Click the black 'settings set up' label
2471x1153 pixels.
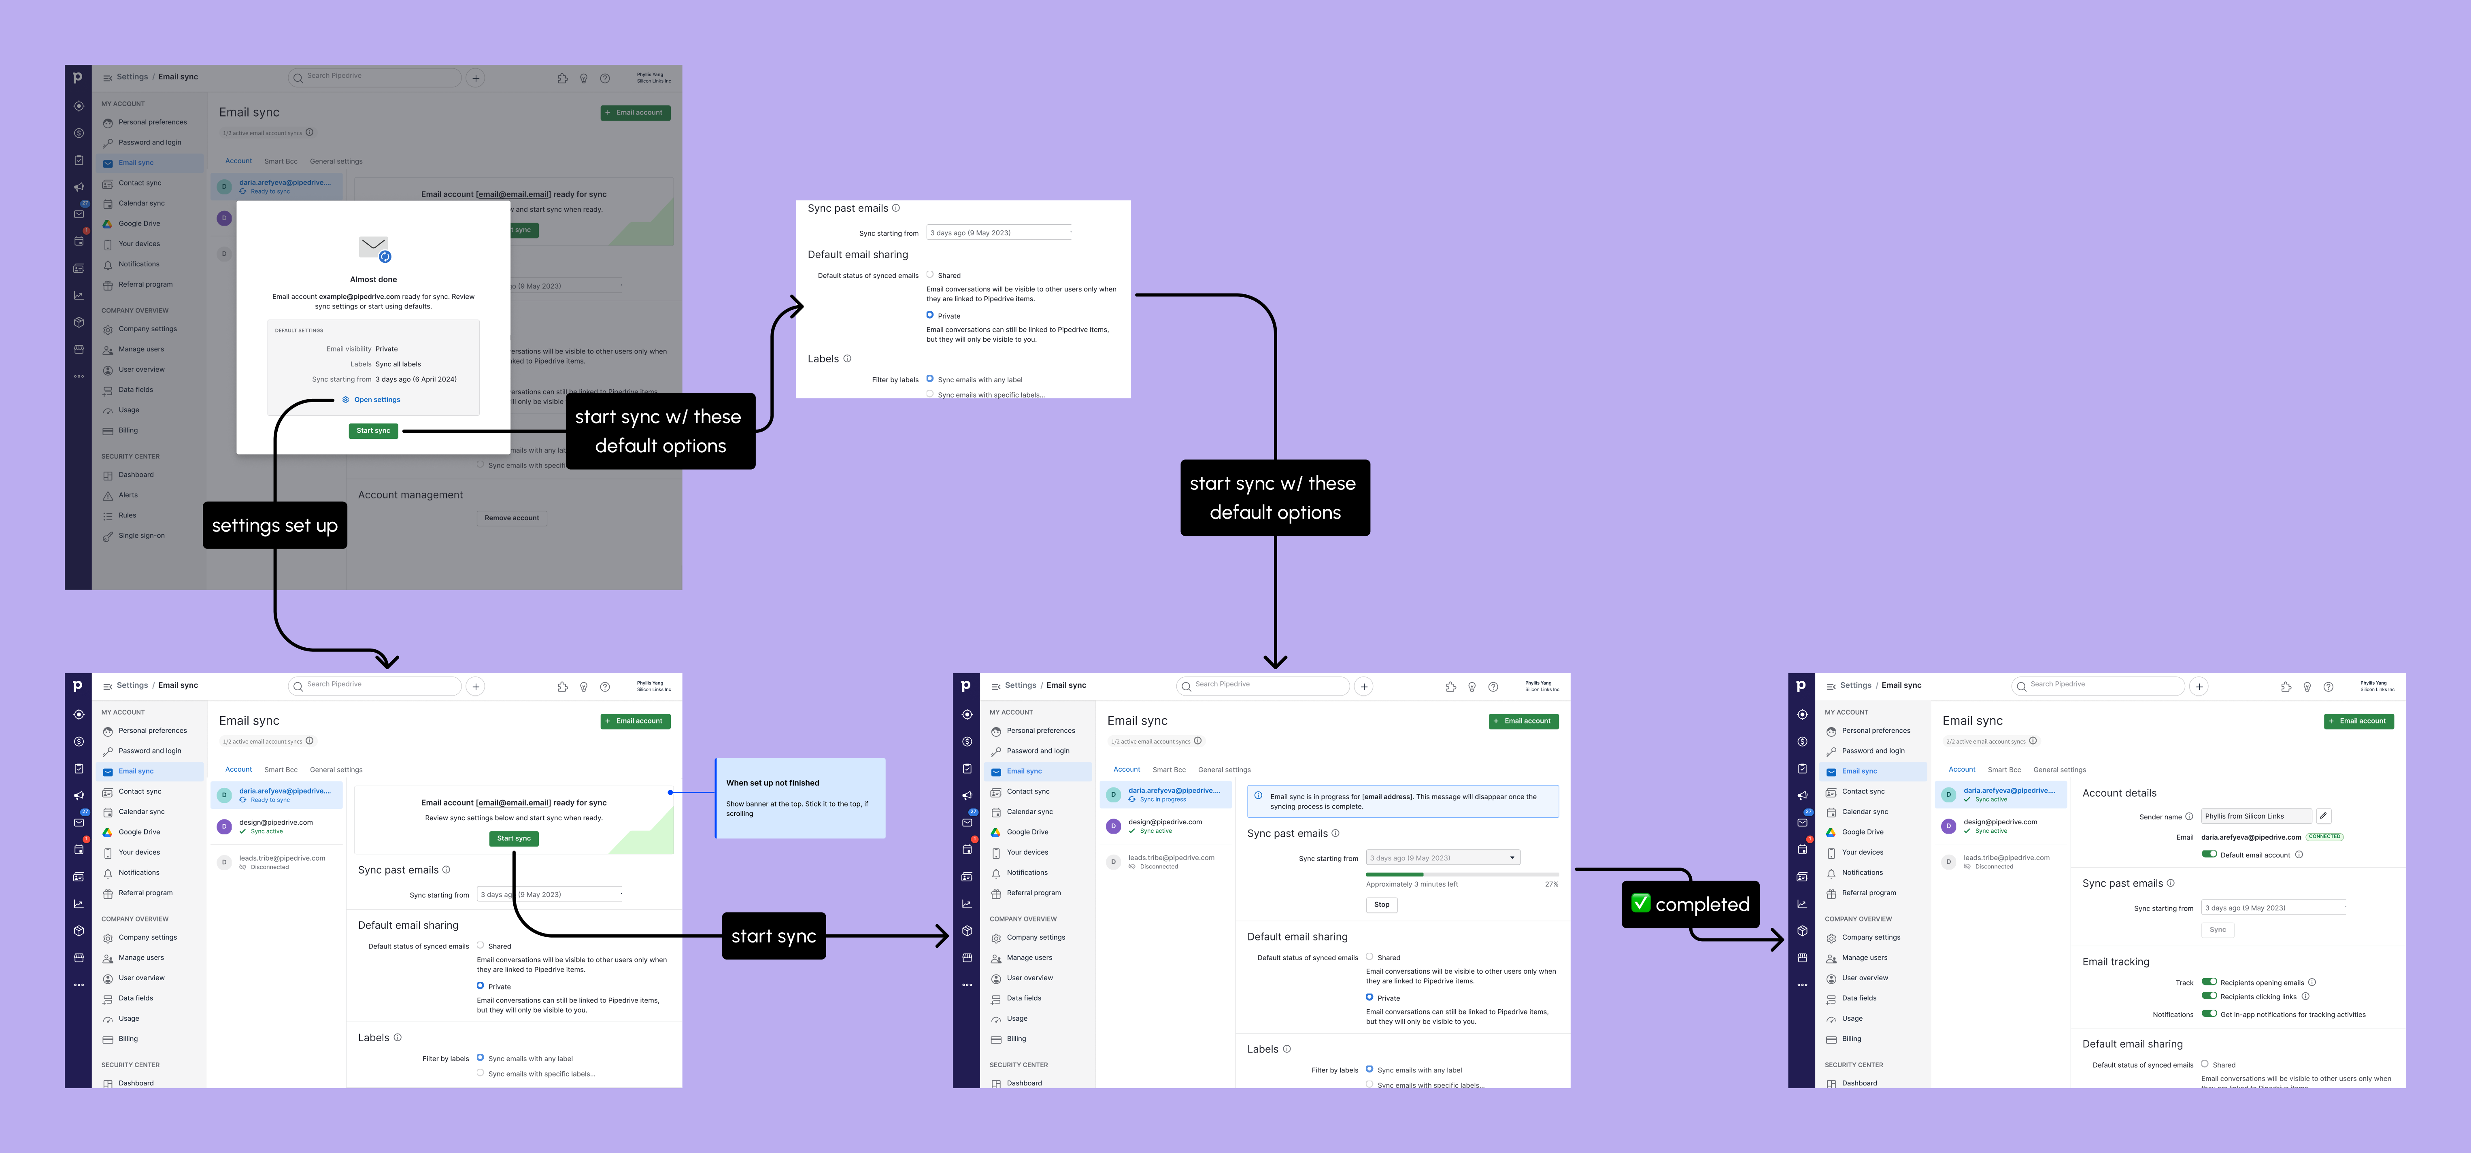274,525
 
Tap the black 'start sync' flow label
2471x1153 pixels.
773,936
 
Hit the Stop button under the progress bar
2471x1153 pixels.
1381,904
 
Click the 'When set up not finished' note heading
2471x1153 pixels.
772,783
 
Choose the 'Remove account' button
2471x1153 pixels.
511,518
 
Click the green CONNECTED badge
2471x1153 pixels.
2324,836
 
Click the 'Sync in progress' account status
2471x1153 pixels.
1163,799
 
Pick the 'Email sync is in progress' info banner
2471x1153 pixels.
1402,801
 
